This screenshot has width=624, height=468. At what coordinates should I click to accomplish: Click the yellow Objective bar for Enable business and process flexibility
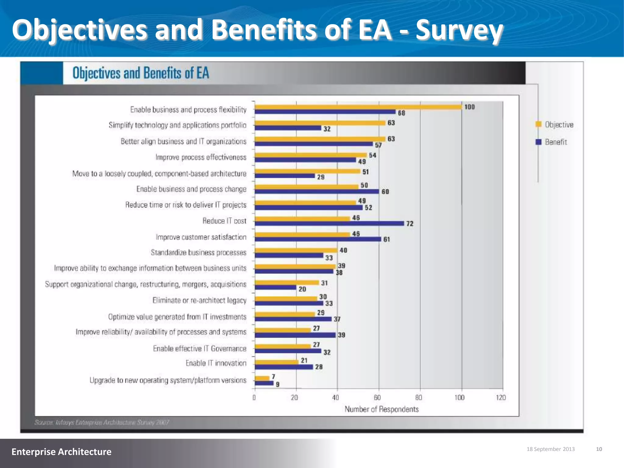click(358, 107)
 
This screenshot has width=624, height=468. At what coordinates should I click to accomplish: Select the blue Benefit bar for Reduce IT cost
click(329, 223)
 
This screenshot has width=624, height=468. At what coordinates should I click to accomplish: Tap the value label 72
click(410, 224)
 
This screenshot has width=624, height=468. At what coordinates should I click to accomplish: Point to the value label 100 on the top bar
click(470, 107)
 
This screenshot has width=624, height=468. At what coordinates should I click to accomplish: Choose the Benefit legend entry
click(552, 142)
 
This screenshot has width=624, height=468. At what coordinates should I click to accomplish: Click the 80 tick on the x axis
click(419, 398)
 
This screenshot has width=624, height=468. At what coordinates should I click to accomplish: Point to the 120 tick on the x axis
click(501, 398)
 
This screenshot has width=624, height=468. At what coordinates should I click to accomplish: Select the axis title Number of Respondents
click(381, 409)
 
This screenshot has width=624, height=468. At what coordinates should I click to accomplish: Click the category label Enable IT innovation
click(216, 363)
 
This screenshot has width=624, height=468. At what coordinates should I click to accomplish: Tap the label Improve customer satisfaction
click(201, 237)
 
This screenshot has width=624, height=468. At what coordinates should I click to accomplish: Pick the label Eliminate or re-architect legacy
click(199, 300)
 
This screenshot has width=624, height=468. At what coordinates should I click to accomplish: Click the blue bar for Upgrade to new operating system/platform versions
click(264, 383)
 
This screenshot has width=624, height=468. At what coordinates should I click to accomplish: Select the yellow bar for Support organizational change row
click(286, 283)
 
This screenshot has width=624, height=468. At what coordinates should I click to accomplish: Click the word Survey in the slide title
click(459, 30)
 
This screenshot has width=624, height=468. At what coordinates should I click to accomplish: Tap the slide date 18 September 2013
click(551, 449)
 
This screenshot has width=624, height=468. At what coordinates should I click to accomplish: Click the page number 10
click(599, 449)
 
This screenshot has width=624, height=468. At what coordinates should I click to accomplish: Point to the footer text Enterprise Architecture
click(62, 452)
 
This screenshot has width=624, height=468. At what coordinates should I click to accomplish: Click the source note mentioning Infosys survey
click(102, 423)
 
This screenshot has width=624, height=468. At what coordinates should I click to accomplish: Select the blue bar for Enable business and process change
click(317, 191)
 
